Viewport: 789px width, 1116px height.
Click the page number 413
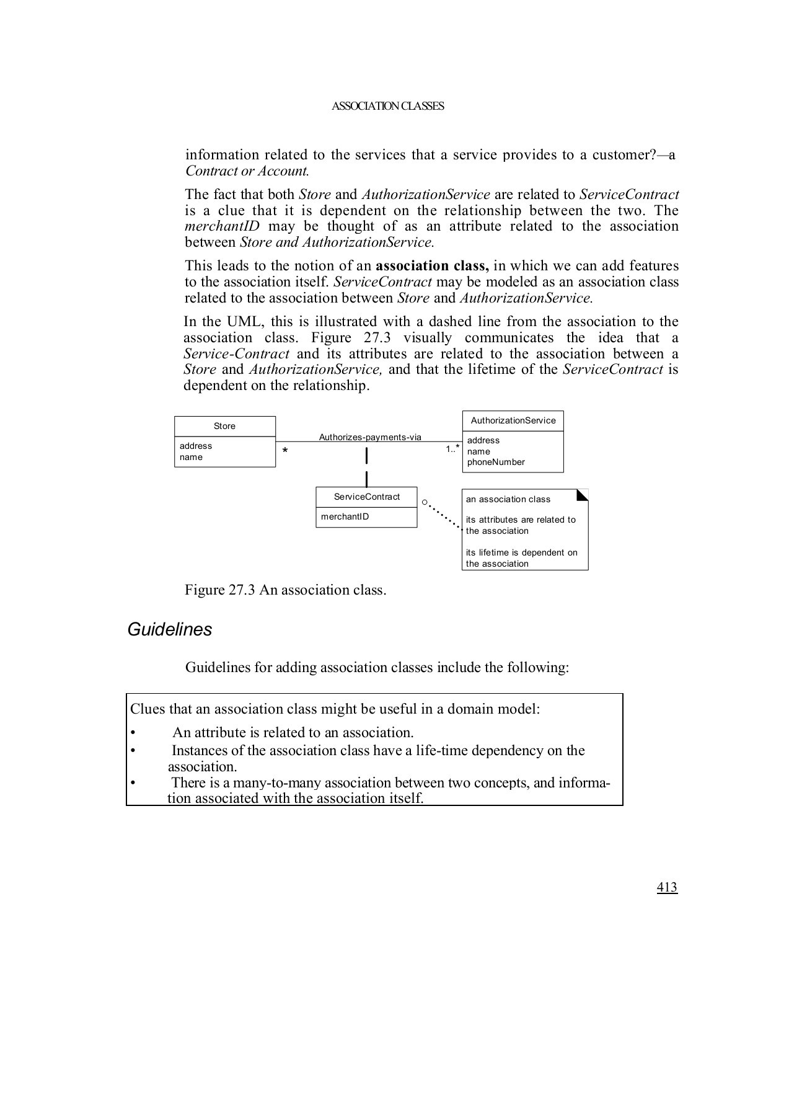667,887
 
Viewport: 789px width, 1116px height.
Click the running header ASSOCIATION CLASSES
388,106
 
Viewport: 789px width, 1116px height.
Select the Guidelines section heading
169,629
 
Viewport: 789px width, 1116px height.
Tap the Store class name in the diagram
224,426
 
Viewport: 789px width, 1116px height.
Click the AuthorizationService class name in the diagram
513,420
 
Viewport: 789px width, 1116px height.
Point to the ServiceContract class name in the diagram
367,497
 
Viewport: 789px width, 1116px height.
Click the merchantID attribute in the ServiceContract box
345,516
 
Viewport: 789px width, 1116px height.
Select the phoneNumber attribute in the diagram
496,462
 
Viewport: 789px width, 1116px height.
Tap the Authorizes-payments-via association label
370,437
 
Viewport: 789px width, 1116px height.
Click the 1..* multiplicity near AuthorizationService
452,448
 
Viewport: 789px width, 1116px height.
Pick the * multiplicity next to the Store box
284,451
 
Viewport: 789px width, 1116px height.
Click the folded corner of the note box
583,494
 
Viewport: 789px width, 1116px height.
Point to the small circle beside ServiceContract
425,502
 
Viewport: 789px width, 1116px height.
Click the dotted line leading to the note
444,516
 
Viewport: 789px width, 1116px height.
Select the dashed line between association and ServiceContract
367,466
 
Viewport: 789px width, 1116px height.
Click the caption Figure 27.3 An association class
285,590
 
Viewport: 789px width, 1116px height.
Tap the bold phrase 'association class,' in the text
432,266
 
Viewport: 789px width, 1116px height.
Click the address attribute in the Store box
196,446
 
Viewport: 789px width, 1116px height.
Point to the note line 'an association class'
508,499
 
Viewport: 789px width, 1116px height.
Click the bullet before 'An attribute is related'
133,733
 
